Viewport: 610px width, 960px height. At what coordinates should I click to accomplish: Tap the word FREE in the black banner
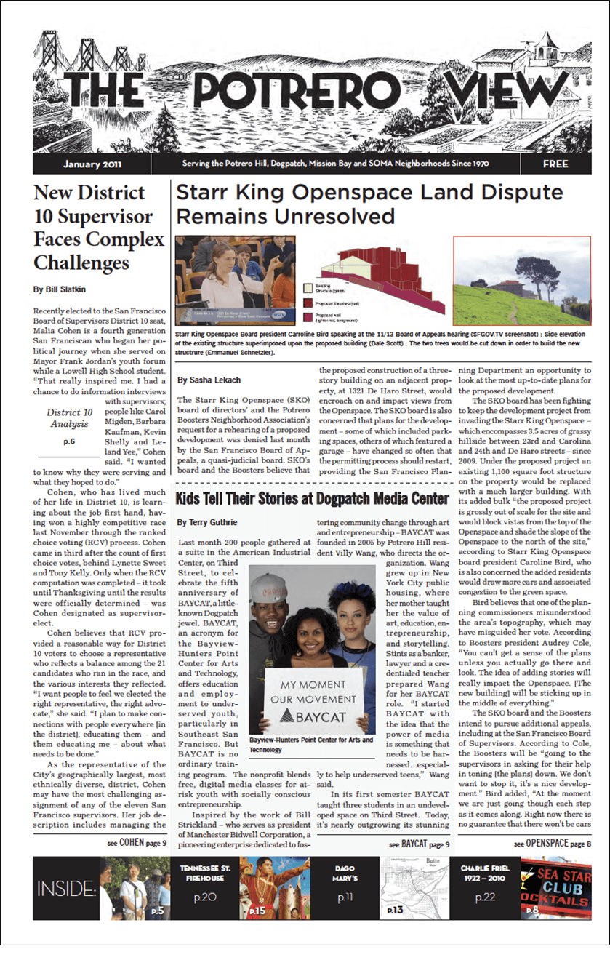click(x=555, y=164)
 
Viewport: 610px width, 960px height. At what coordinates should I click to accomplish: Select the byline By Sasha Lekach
click(x=209, y=380)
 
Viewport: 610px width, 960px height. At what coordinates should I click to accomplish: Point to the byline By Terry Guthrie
click(x=207, y=522)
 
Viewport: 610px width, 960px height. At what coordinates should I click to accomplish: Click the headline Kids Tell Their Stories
click(x=313, y=499)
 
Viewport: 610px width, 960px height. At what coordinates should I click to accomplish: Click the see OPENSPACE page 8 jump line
click(x=552, y=844)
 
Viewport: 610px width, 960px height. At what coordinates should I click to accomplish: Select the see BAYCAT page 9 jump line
click(x=420, y=844)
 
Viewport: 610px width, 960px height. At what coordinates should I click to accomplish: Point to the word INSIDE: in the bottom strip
click(x=66, y=889)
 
